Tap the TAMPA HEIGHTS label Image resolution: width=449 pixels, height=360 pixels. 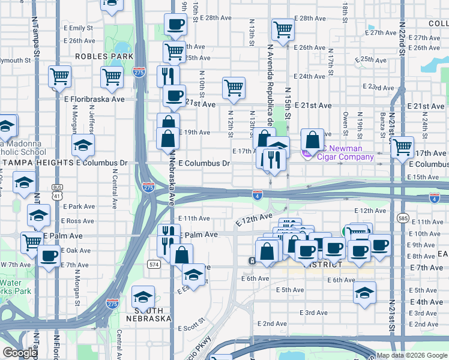tap(37, 163)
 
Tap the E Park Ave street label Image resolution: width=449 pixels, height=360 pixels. tap(79, 206)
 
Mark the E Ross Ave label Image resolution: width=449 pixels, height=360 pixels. tap(77, 221)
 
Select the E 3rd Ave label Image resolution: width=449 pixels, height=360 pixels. tap(314, 313)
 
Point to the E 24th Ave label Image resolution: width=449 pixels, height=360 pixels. tap(312, 76)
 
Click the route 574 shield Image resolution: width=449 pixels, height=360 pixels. tap(154, 263)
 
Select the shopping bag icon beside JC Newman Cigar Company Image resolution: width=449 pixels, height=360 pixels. tap(313, 140)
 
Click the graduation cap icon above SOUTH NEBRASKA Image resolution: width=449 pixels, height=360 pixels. tap(143, 296)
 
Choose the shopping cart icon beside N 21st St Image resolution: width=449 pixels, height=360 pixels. tap(402, 146)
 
